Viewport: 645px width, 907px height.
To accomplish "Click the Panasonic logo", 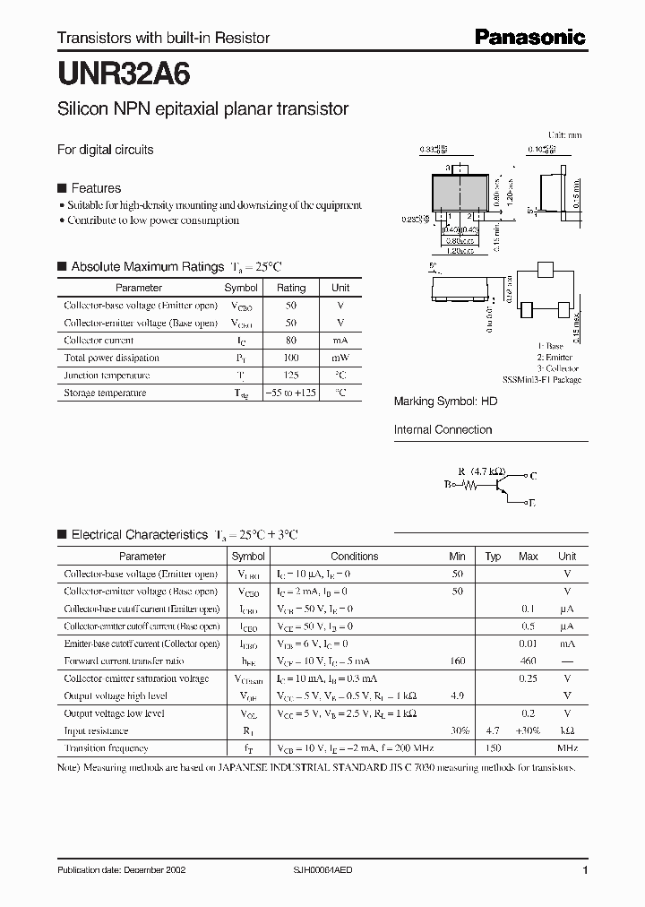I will [x=529, y=37].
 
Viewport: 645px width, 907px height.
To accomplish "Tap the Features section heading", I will [x=95, y=188].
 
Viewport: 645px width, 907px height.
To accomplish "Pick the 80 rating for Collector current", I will [x=290, y=341].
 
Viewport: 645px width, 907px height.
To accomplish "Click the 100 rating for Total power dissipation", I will [x=290, y=358].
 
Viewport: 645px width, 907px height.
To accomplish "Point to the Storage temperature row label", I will [x=104, y=393].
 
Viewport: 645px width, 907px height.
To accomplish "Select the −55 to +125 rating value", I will [x=290, y=393].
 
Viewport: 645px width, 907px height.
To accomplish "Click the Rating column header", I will [x=290, y=288].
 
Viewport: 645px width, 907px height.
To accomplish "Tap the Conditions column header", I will [x=354, y=556].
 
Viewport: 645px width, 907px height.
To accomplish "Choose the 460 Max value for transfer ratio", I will [x=528, y=661].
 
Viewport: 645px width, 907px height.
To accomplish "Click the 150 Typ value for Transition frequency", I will [x=493, y=747].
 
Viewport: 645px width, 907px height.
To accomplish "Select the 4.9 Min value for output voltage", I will [x=457, y=695].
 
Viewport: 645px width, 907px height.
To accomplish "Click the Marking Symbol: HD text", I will [x=445, y=402].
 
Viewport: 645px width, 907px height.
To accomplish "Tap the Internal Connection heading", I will [x=443, y=430].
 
